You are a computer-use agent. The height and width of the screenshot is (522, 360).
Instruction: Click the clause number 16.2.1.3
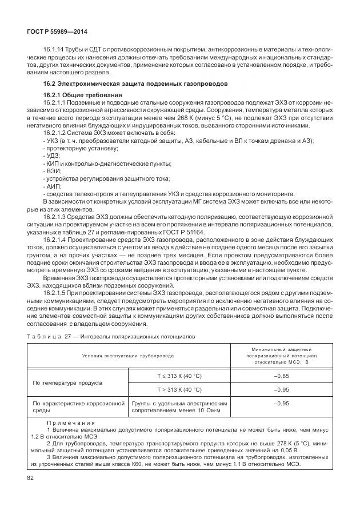tap(61, 217)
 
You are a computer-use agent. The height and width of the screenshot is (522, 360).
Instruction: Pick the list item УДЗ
tap(51, 156)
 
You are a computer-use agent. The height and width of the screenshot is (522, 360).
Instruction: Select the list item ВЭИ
tap(51, 171)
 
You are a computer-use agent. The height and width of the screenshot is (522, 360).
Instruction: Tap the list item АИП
tap(51, 186)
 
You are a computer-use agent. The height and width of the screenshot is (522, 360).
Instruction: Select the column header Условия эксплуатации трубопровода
tap(127, 355)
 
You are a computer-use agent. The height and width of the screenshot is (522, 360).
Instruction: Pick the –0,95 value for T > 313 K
tap(281, 389)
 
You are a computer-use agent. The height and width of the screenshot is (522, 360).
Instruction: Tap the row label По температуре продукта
tap(67, 382)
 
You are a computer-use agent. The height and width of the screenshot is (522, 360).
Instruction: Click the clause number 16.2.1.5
tap(61, 292)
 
